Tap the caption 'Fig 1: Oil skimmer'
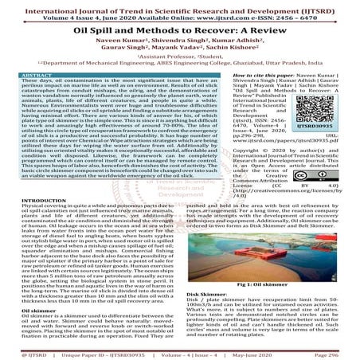tap(271, 284)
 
